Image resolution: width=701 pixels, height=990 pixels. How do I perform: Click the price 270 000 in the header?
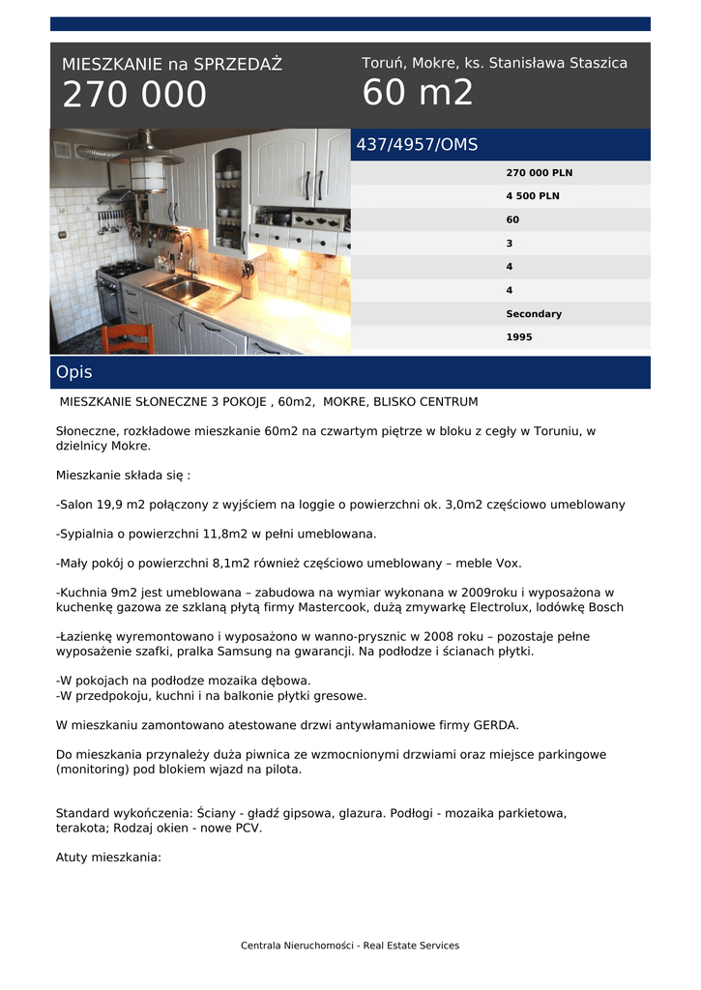point(134,95)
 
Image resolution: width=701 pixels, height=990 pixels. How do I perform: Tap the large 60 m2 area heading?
point(418,93)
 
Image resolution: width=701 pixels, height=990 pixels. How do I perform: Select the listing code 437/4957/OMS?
point(417,145)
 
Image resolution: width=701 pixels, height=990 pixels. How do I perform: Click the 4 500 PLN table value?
point(532,196)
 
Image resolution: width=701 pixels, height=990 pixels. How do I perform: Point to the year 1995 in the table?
point(518,337)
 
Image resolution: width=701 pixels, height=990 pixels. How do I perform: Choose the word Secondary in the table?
point(533,314)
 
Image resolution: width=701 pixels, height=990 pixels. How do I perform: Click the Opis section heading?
point(74,372)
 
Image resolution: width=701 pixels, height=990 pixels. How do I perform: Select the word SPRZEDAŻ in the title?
point(238,65)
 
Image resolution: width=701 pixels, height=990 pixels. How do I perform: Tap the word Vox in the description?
point(510,563)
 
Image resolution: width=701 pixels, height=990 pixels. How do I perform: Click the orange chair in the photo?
point(128,339)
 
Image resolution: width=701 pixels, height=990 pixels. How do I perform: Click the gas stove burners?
point(124,269)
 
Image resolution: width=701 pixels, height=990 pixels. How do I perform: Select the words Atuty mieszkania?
point(108,857)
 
